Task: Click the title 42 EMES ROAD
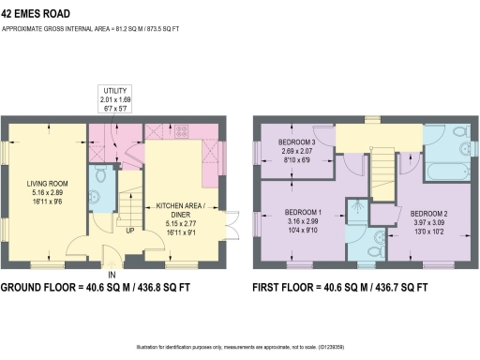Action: tap(37, 11)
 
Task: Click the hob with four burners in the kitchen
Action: tap(180, 131)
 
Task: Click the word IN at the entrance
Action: tap(112, 274)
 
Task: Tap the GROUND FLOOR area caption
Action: tap(109, 288)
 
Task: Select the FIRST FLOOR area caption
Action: tap(341, 288)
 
